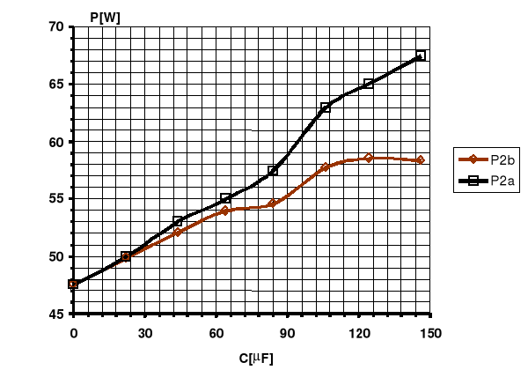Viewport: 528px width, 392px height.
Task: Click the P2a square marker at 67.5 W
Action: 421,55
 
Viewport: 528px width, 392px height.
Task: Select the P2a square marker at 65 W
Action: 369,84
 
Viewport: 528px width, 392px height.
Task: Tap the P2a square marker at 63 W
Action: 326,107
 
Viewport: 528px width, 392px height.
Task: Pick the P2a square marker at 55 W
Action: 225,198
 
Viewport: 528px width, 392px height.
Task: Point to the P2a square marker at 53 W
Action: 178,221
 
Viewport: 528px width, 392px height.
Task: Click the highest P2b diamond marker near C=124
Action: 369,158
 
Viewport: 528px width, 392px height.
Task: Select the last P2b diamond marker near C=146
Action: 421,160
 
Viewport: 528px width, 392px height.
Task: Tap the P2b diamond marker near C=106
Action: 326,167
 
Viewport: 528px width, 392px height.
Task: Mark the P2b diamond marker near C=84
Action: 273,203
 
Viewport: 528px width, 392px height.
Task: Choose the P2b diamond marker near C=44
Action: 178,232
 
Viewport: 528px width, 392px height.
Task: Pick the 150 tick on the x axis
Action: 430,333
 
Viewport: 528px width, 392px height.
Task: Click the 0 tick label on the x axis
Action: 74,333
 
